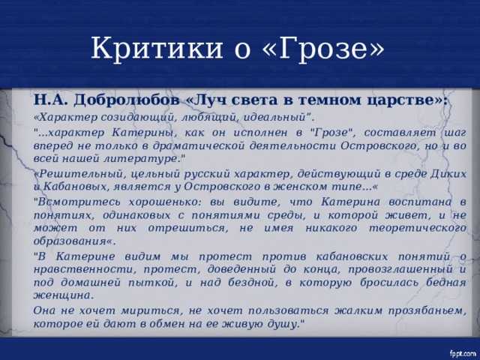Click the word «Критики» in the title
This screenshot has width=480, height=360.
point(157,48)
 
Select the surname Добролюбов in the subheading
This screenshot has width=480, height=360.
point(127,100)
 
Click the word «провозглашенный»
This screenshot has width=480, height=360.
point(400,270)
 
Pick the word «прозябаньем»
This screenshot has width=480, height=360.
point(427,311)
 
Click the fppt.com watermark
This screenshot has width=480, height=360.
point(463,353)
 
